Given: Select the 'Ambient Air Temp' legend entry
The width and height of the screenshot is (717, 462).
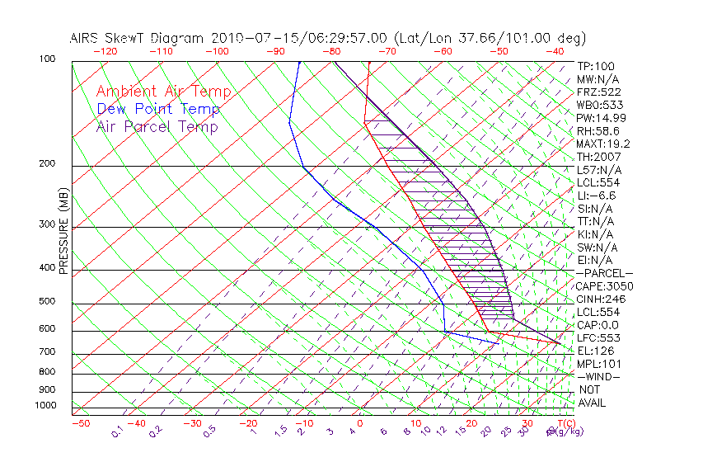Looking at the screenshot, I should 164,92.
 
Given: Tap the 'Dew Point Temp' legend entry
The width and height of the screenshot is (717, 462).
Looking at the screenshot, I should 158,109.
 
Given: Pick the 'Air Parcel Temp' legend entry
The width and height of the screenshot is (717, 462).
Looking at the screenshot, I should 157,126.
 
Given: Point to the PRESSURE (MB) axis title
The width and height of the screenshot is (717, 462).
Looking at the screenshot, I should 64,231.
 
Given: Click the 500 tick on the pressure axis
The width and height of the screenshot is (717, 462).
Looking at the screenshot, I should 48,301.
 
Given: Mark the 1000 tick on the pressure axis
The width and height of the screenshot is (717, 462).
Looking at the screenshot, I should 45,405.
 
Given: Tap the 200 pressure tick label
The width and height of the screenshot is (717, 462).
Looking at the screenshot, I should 48,164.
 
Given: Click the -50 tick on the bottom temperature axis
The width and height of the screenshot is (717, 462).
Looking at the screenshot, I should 80,423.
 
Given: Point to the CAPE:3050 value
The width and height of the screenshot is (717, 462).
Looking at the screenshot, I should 604,286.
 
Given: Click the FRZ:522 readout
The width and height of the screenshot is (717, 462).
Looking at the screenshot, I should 599,92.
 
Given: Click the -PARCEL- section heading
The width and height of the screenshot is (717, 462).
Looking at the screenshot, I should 604,273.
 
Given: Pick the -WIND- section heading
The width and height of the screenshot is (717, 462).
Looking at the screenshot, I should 598,376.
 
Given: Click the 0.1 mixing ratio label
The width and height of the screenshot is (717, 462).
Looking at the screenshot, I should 118,431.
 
